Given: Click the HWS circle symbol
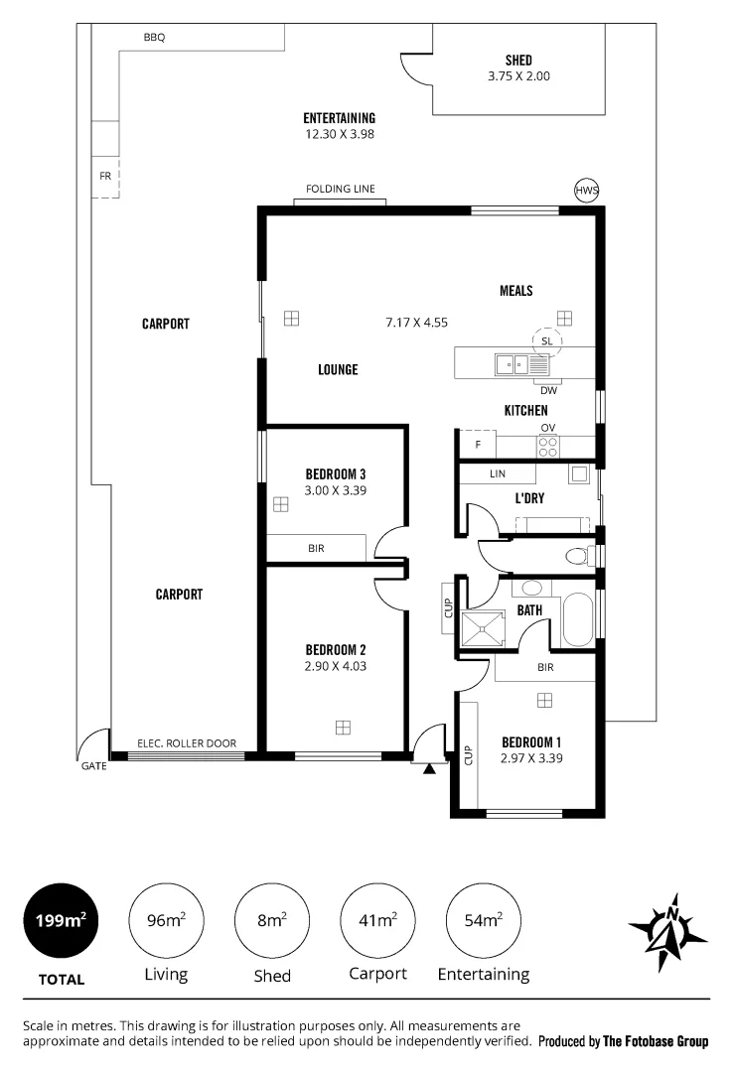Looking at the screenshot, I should (587, 191).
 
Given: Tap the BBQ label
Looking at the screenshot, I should (154, 38).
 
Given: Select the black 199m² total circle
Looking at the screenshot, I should (60, 920).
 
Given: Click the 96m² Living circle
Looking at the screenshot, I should (166, 920).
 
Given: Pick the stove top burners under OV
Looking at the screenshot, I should (548, 446).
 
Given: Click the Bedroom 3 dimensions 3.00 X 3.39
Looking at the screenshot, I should (336, 489).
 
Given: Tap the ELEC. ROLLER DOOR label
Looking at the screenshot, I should (186, 743).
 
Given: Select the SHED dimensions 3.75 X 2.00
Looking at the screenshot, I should (517, 75).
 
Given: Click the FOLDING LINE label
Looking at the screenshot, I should (340, 190).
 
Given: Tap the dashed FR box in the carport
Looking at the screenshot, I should (104, 177).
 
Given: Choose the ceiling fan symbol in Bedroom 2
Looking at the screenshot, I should (343, 727).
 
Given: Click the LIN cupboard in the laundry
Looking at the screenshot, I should (499, 475).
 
